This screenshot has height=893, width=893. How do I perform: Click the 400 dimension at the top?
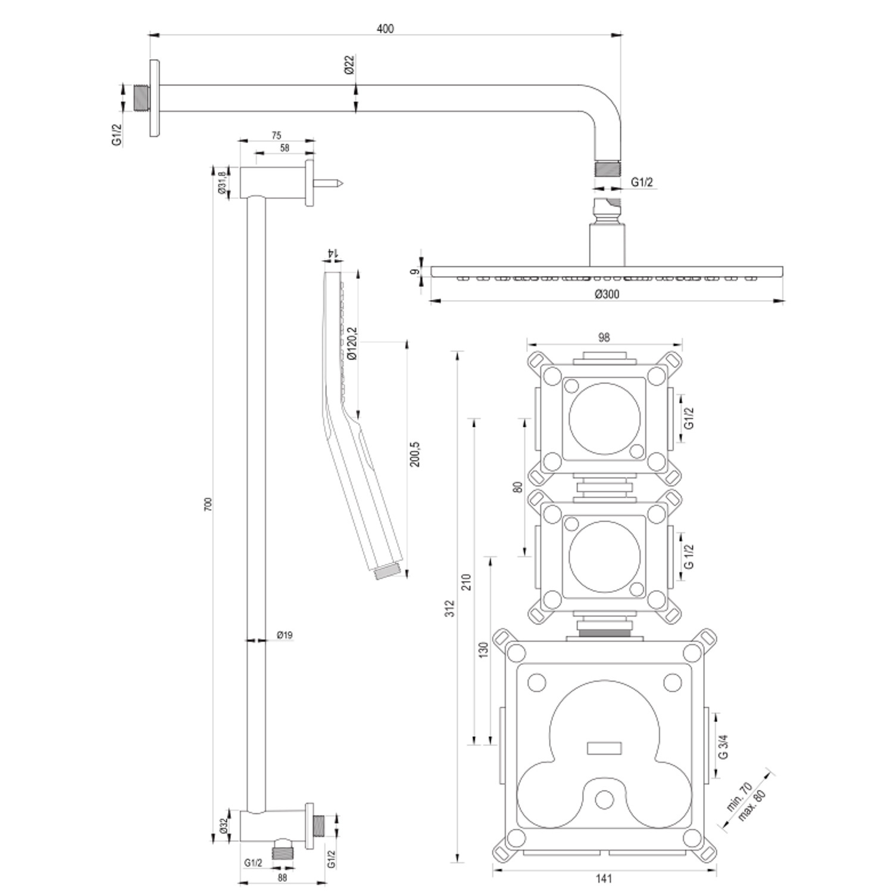(385, 29)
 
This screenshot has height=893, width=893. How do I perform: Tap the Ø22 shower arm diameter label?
(349, 64)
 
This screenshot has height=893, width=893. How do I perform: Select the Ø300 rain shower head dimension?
(607, 294)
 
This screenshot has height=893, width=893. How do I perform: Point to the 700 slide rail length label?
(208, 504)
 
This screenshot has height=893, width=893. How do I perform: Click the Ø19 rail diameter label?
(285, 635)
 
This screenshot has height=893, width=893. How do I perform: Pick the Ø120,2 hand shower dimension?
(351, 344)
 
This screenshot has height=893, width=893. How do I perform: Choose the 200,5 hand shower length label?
(415, 454)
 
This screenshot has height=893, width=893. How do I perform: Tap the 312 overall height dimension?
(450, 607)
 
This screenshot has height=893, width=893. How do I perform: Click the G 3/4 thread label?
(723, 746)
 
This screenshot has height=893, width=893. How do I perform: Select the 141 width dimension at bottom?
(603, 878)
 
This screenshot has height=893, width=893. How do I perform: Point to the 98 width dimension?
(604, 337)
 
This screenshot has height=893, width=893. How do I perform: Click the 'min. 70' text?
(739, 798)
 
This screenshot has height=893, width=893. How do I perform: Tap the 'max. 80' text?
(751, 805)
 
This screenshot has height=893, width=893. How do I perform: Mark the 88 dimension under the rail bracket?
(282, 877)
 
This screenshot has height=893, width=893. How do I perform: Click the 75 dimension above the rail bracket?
(276, 136)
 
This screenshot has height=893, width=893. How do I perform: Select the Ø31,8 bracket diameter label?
(221, 182)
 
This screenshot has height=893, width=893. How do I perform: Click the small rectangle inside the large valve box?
(604, 748)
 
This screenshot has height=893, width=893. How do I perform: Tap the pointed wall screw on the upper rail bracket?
(329, 183)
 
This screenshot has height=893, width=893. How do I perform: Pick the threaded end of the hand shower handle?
(387, 572)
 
